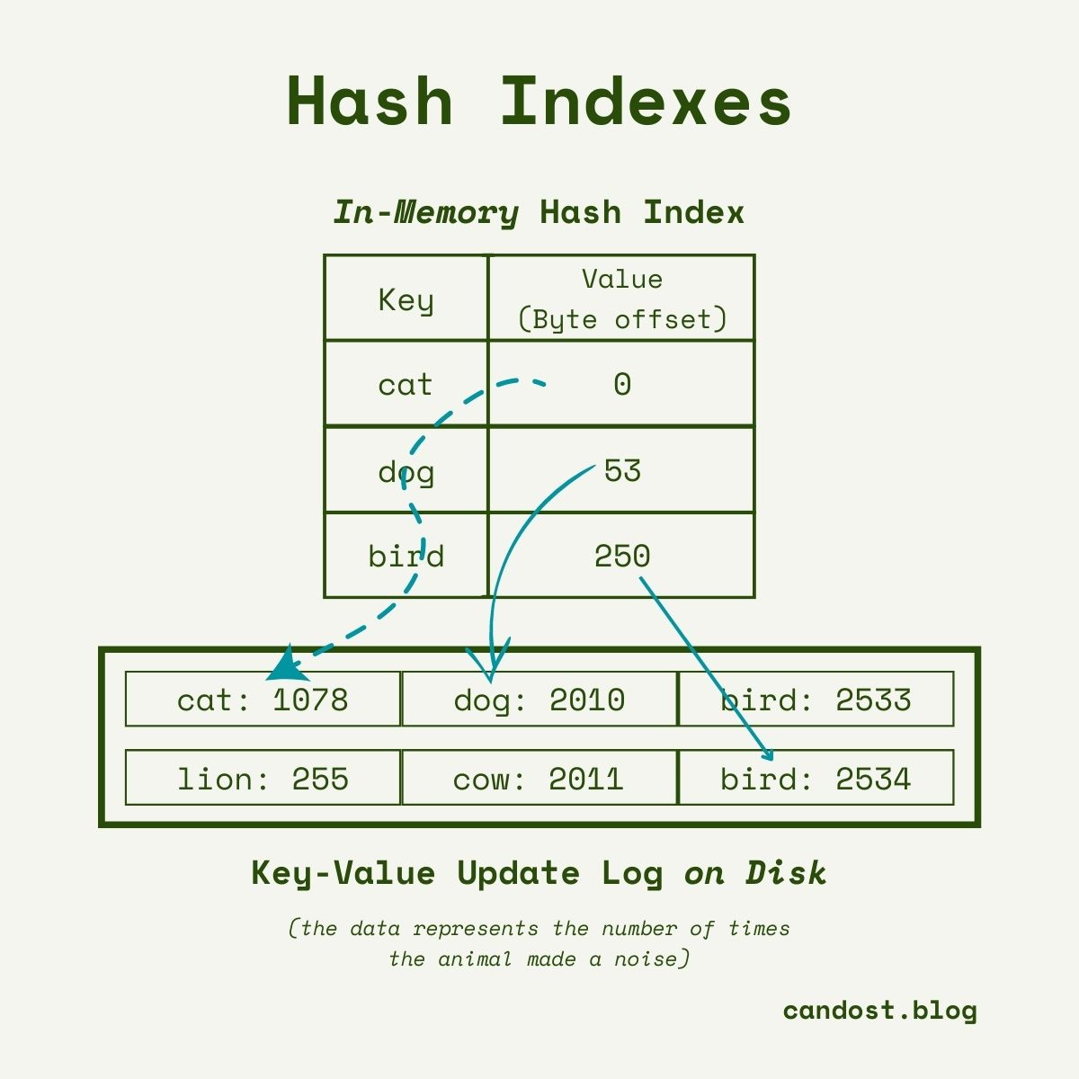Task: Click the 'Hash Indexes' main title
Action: click(539, 102)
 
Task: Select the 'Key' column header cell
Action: click(406, 298)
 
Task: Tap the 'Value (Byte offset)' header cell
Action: click(621, 298)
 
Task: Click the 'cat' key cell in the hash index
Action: click(406, 384)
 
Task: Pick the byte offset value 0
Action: click(622, 384)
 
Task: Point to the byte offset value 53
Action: click(622, 470)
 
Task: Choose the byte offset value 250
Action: click(622, 556)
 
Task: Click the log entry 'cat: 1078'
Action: click(263, 699)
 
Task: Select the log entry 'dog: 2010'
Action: click(539, 699)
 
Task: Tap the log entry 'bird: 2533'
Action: click(816, 699)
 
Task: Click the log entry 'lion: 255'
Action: click(263, 778)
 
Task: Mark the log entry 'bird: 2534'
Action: click(816, 778)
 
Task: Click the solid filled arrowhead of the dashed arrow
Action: click(287, 664)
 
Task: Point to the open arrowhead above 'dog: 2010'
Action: click(489, 661)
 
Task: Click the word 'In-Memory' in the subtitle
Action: click(426, 213)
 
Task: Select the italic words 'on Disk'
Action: click(754, 873)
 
